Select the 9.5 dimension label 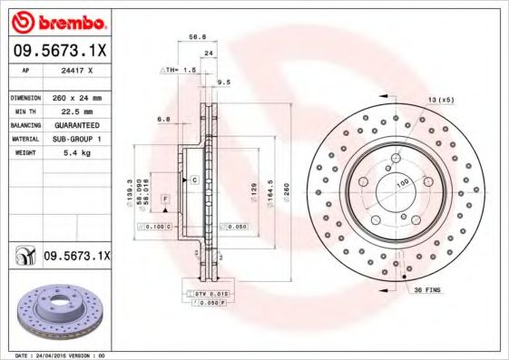point(224,82)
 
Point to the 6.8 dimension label point(163,119)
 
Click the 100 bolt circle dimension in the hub point(401,184)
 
